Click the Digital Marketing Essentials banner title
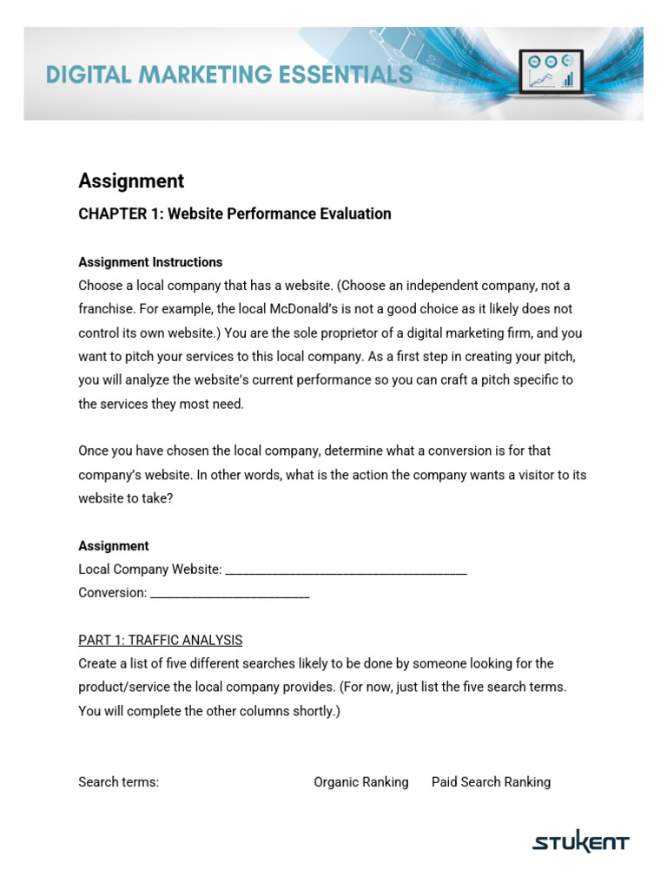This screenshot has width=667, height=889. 229,76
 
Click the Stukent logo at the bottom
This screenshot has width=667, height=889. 580,842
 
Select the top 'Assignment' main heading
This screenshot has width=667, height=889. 131,181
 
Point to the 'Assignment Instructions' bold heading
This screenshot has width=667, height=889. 150,262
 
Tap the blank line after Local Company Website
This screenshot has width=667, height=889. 346,570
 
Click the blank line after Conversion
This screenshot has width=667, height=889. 230,594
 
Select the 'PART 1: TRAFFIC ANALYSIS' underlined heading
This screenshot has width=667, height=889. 160,640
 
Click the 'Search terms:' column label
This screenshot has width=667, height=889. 118,782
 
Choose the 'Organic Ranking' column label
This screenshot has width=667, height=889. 360,782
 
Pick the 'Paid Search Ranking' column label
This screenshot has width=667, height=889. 491,782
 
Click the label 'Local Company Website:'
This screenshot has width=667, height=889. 150,570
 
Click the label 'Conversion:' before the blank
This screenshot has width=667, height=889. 113,593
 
